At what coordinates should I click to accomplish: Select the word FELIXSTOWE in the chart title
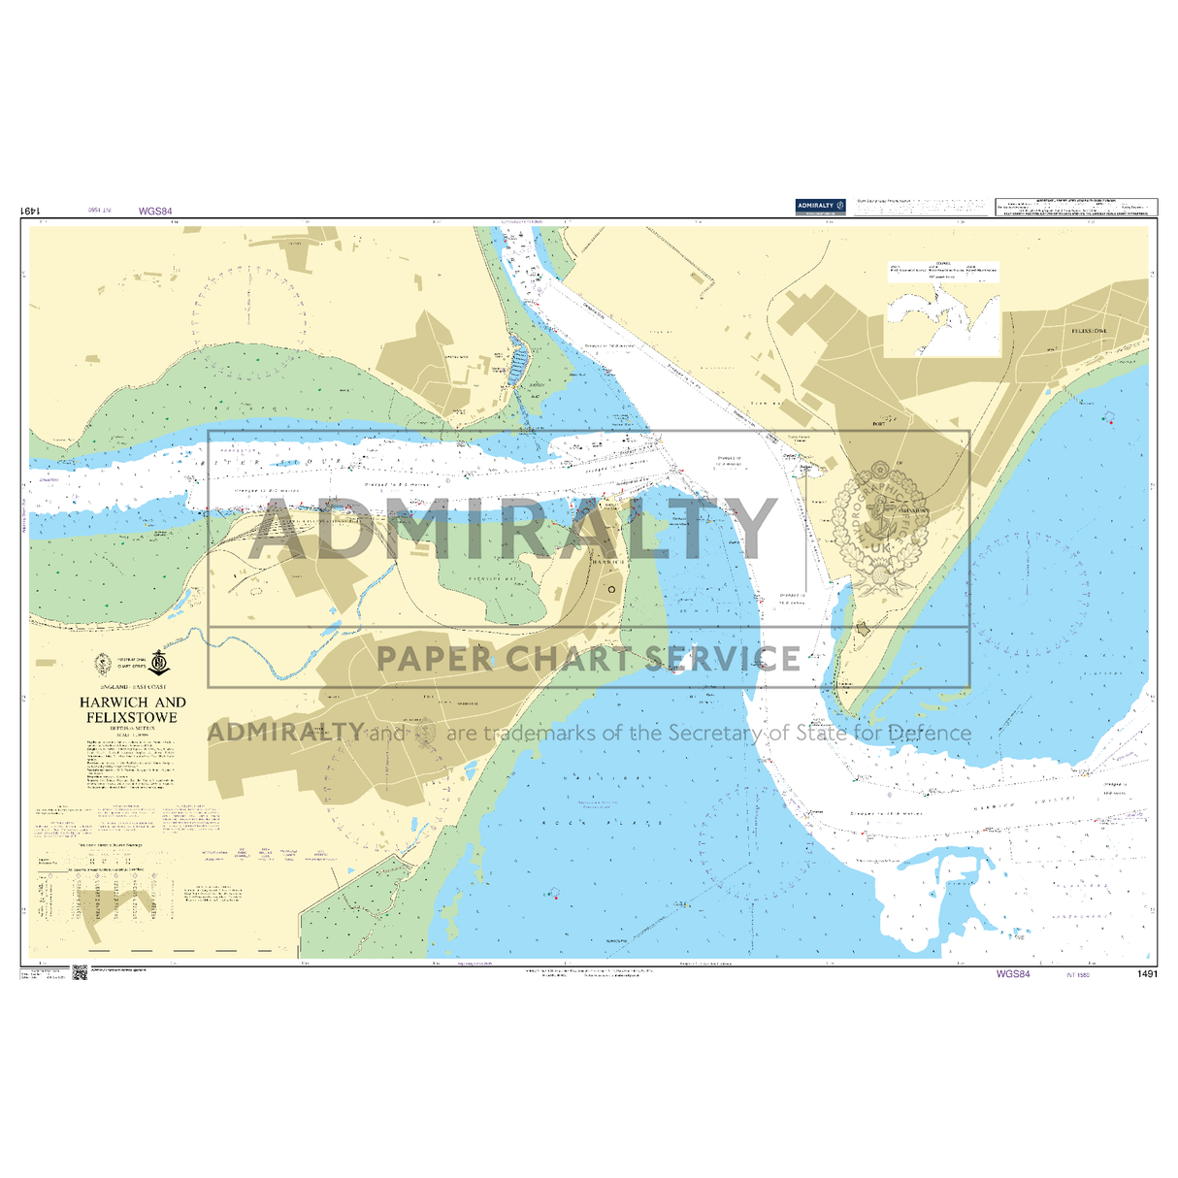coord(132,717)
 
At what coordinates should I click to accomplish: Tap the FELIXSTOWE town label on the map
coord(1088,331)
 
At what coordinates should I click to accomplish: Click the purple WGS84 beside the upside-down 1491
coord(155,211)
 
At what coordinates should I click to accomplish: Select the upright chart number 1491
coord(1146,974)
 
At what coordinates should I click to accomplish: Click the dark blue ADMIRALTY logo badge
coord(821,206)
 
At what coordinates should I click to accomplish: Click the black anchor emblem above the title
coord(160,665)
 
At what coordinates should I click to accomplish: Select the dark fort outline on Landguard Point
coord(863,630)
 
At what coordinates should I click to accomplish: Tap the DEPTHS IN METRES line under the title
coord(132,728)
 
